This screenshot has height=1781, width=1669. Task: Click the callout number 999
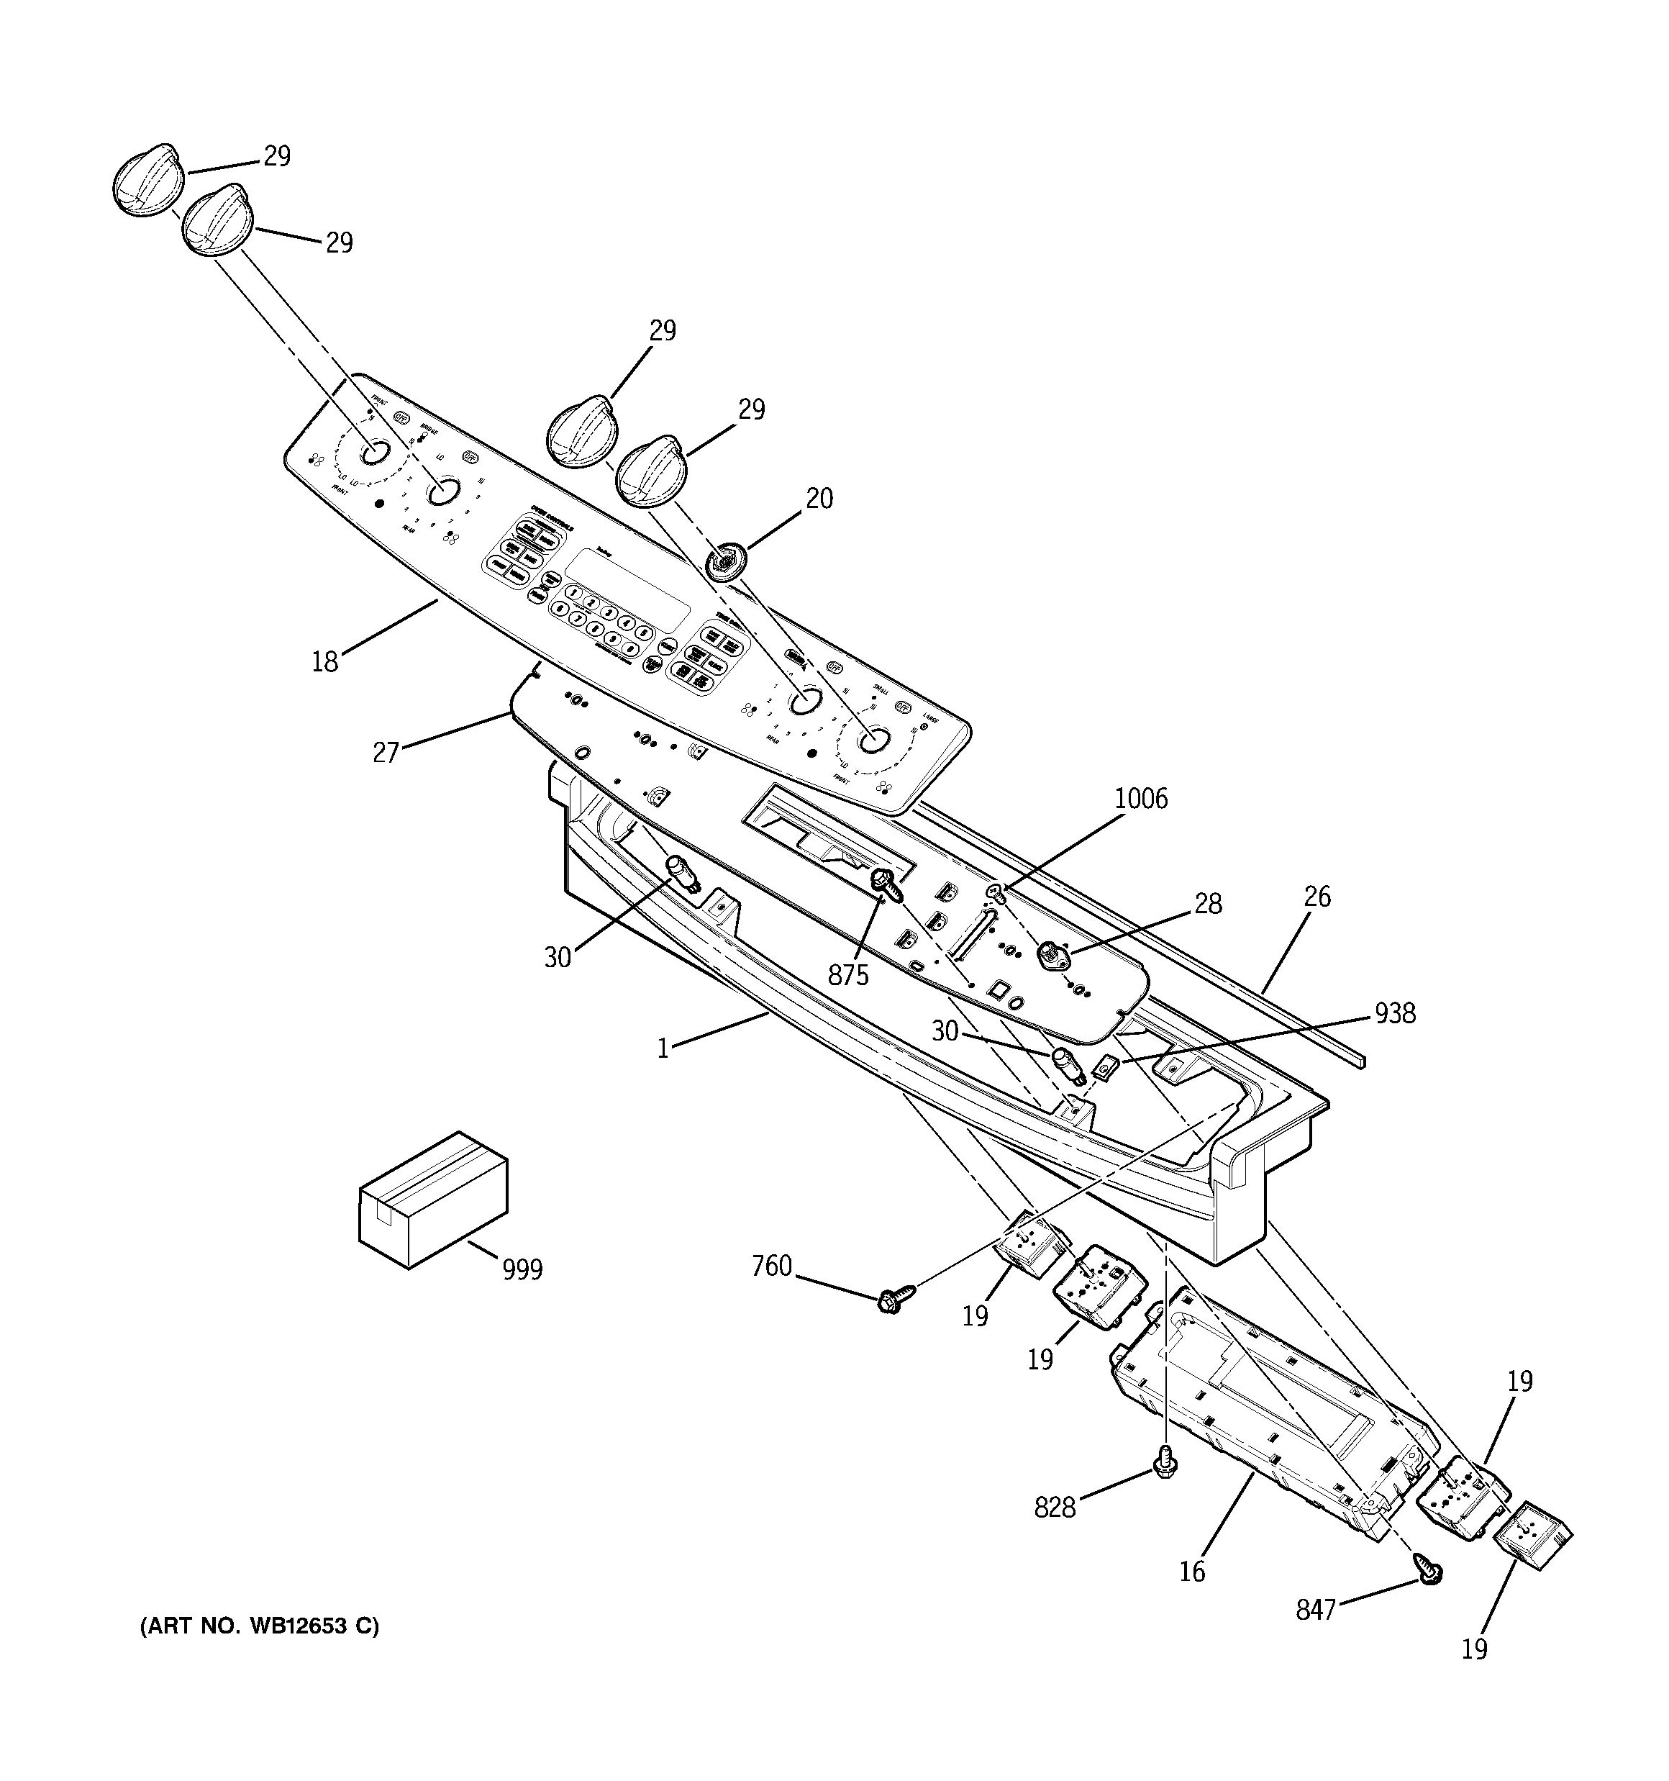tap(522, 1269)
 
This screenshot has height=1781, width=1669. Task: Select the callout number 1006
tap(1140, 798)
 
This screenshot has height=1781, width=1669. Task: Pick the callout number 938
tap(1395, 1013)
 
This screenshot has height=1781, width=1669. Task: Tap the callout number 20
tap(819, 498)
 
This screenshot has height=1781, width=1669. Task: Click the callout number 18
tap(324, 662)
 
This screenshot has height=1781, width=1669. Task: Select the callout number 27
tap(385, 753)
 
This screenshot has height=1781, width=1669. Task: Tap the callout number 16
tap(1192, 1572)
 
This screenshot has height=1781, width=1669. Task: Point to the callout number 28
tap(1208, 904)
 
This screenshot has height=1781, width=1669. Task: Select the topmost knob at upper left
tap(147, 178)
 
